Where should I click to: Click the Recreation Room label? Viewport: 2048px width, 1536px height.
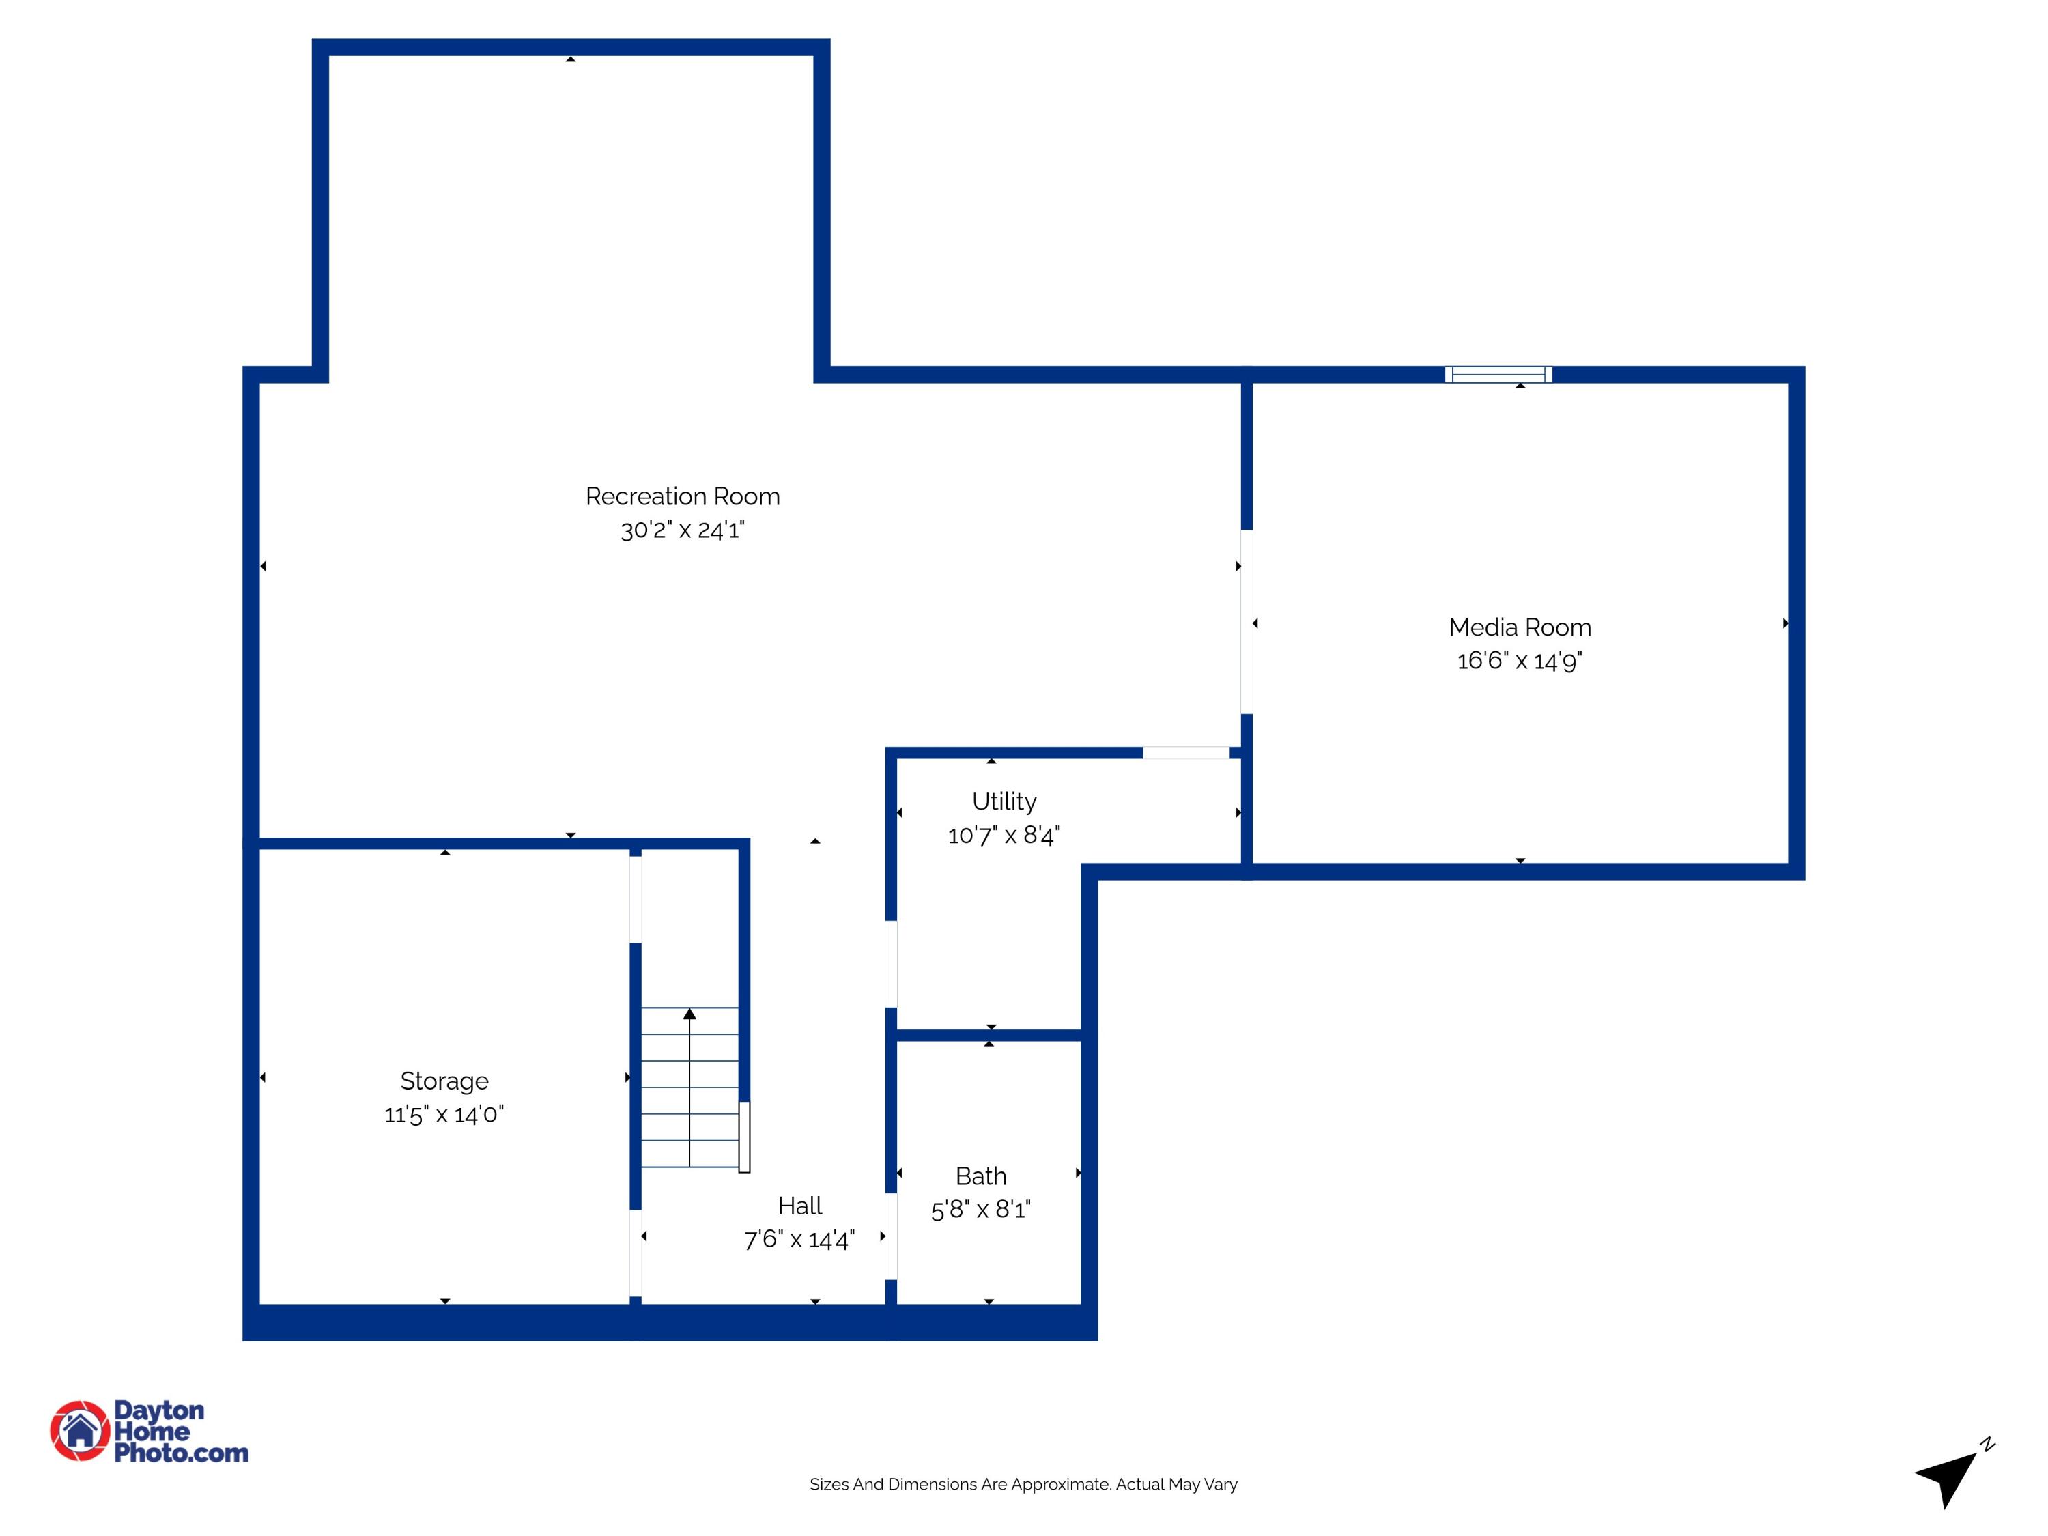click(683, 496)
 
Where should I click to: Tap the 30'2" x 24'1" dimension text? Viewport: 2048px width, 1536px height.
click(683, 530)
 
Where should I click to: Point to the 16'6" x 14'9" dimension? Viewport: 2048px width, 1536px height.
click(1520, 660)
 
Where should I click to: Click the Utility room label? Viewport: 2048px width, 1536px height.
click(1004, 801)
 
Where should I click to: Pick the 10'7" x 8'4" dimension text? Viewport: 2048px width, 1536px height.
click(1004, 835)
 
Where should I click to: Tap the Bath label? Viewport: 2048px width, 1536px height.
click(980, 1176)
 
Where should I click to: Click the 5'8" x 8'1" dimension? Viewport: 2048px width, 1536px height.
click(980, 1209)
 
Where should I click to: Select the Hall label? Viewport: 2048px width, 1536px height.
click(800, 1206)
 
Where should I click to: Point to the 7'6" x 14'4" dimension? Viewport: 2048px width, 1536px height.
click(800, 1239)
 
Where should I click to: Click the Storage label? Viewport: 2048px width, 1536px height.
click(444, 1081)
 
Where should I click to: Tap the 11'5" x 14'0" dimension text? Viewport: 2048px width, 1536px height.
click(444, 1114)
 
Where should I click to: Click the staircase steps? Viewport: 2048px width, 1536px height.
click(689, 1088)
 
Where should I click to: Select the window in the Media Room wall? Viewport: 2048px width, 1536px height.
click(1498, 374)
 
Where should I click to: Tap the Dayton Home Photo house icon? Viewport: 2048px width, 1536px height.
click(81, 1430)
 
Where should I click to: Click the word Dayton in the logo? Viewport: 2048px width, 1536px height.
click(158, 1410)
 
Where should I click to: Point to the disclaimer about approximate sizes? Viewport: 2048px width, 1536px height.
click(1023, 1484)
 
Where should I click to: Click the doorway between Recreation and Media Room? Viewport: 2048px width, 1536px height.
click(1246, 621)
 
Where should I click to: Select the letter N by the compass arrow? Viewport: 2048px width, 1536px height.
click(1987, 1443)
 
